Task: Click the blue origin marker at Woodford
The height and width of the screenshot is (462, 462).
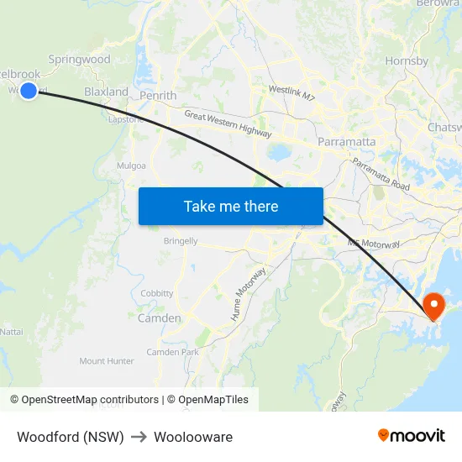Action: coord(29,90)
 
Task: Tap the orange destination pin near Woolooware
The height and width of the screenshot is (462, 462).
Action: coord(434,305)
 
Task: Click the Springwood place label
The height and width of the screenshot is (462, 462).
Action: coord(79,60)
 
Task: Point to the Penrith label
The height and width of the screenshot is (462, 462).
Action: coord(158,96)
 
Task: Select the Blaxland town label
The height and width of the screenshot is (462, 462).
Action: coord(106,92)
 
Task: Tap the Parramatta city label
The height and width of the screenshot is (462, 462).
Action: coord(346,142)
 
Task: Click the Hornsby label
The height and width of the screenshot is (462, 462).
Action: coord(407,61)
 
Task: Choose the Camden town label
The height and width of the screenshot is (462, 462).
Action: coord(159,318)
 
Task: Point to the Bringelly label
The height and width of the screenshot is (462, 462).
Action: coord(181,241)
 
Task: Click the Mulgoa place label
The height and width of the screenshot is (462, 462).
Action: coord(132,166)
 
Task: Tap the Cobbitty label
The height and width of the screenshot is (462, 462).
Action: coord(157,293)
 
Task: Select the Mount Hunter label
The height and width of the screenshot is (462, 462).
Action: coord(107,361)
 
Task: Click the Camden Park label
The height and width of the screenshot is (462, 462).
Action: coord(173,352)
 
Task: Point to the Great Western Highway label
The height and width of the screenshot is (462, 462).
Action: coord(228,124)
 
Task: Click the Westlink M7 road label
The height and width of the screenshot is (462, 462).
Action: coord(291,93)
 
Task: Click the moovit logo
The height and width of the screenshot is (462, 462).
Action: coord(411,435)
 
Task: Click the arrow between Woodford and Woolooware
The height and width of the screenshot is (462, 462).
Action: coord(139,437)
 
